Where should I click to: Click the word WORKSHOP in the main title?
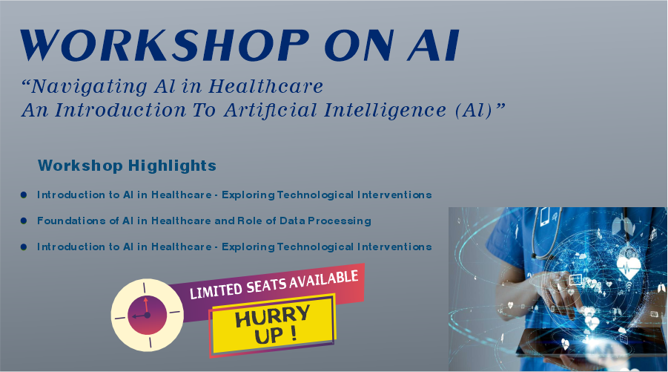point(165,45)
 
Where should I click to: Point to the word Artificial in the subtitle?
point(271,110)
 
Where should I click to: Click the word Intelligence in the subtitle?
point(385,111)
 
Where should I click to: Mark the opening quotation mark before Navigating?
point(25,82)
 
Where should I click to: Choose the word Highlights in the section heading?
point(172,166)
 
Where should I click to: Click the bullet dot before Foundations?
point(24,221)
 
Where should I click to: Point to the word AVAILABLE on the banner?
point(324,279)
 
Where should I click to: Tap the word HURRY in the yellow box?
point(273,316)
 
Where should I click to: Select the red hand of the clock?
point(146,306)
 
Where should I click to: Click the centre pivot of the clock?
point(147,316)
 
